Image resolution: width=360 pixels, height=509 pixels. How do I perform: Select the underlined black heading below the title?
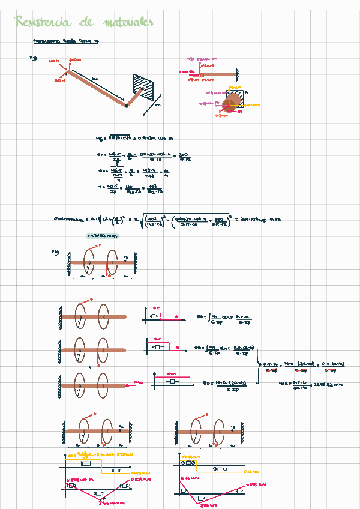point(68,42)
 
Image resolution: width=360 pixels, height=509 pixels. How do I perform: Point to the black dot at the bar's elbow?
point(127,106)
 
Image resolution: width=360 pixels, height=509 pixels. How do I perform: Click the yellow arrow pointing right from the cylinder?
point(251,105)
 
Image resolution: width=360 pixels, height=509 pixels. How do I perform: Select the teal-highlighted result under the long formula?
point(103,236)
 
